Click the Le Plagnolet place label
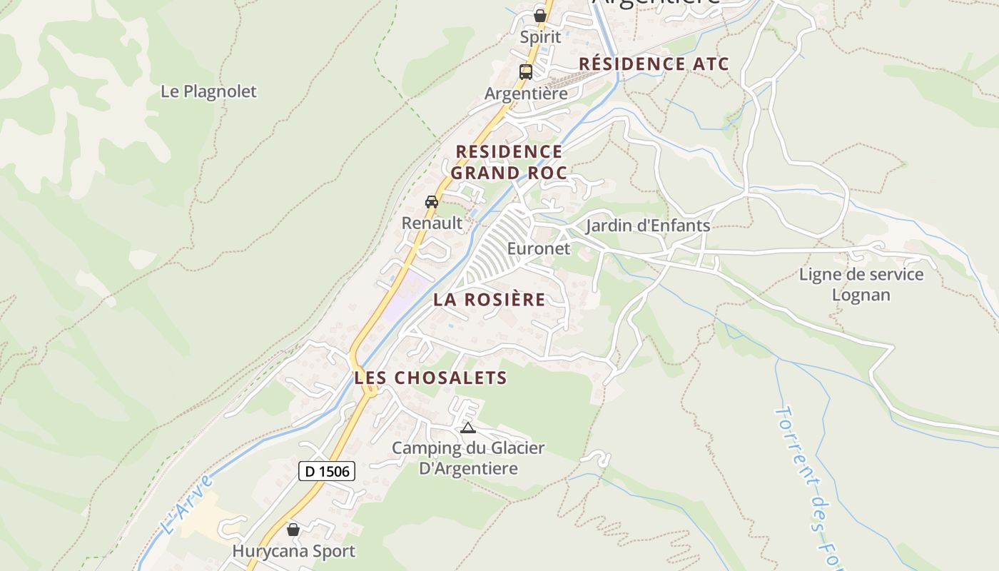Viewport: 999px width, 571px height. tap(208, 91)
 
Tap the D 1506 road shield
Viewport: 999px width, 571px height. tap(327, 471)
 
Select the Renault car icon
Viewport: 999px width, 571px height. tap(432, 202)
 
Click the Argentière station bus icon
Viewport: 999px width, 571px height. tap(526, 72)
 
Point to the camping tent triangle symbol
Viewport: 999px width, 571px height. tap(467, 428)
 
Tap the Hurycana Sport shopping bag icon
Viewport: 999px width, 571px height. tap(293, 530)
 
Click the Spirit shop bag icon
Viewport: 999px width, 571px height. tap(540, 15)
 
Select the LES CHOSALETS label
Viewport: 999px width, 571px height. tap(430, 378)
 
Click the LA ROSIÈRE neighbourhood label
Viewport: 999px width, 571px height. tap(490, 300)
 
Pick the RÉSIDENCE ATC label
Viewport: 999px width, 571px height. tap(654, 64)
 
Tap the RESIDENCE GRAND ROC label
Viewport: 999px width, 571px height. tap(509, 162)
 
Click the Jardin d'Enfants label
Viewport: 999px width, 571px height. tap(648, 226)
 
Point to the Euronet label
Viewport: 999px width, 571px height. tap(539, 248)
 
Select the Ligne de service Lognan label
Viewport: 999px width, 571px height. tap(861, 284)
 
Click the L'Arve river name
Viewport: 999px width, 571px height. tap(187, 505)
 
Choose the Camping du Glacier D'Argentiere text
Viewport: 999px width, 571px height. tap(468, 458)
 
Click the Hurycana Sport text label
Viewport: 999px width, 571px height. tap(293, 551)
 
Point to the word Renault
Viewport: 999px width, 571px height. tap(432, 223)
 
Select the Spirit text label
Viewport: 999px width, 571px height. tap(540, 36)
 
